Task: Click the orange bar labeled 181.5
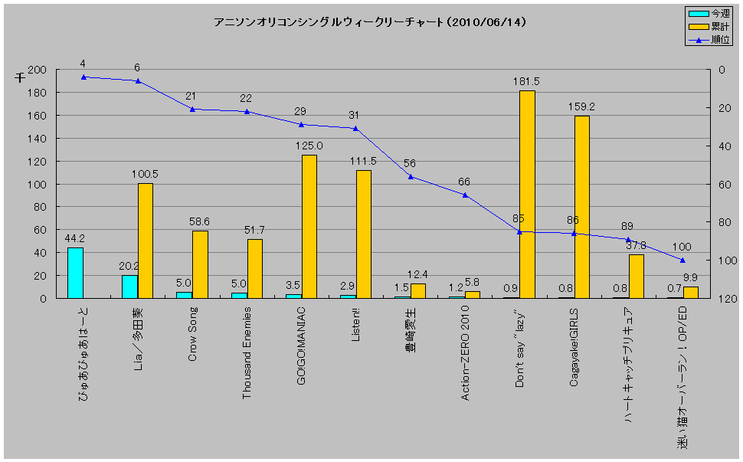(527, 195)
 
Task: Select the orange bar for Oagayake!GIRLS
(581, 207)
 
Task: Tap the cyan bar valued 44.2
(75, 273)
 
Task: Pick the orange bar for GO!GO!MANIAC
(309, 227)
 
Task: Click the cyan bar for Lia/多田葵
(129, 287)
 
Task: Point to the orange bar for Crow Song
(200, 264)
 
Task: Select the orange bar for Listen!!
(363, 234)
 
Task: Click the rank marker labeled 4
(83, 77)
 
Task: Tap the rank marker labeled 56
(411, 177)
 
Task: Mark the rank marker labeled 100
(682, 260)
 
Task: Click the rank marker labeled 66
(465, 195)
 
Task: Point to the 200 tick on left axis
(38, 70)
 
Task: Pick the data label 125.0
(309, 146)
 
